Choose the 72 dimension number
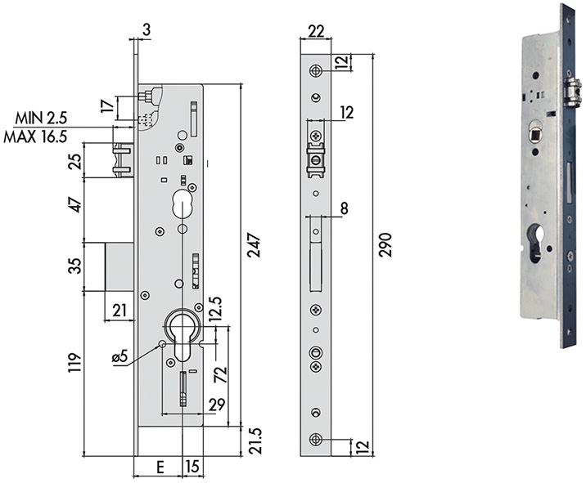tap(219, 377)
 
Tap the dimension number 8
tap(345, 209)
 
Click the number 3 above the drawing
tap(146, 30)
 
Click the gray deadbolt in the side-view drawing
tap(118, 266)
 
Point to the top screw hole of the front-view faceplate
tap(316, 70)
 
